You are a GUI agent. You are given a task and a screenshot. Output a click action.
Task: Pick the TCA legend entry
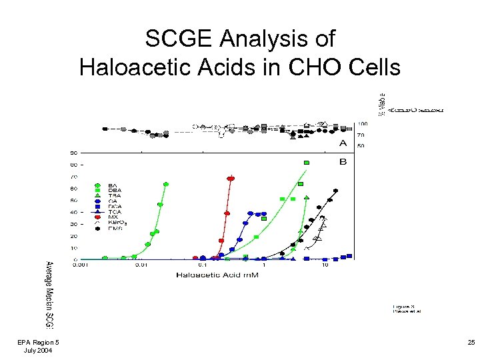point(113,211)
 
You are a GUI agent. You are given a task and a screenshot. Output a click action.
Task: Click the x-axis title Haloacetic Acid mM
point(217,275)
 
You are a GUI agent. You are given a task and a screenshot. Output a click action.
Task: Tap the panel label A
point(343,143)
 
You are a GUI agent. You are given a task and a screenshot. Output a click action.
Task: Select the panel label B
point(343,161)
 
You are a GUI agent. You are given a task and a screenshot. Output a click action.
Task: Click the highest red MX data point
point(231,178)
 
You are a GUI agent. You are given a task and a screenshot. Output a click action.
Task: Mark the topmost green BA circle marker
point(165,185)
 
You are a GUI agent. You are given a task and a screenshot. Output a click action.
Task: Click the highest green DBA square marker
point(306,162)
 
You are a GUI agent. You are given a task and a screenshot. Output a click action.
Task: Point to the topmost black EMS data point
point(335,191)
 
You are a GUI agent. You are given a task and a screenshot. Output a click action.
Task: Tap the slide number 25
point(471,343)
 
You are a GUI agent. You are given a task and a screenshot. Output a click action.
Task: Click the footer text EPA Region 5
point(38,343)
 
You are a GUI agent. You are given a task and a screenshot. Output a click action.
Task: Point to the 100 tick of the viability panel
point(363,124)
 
